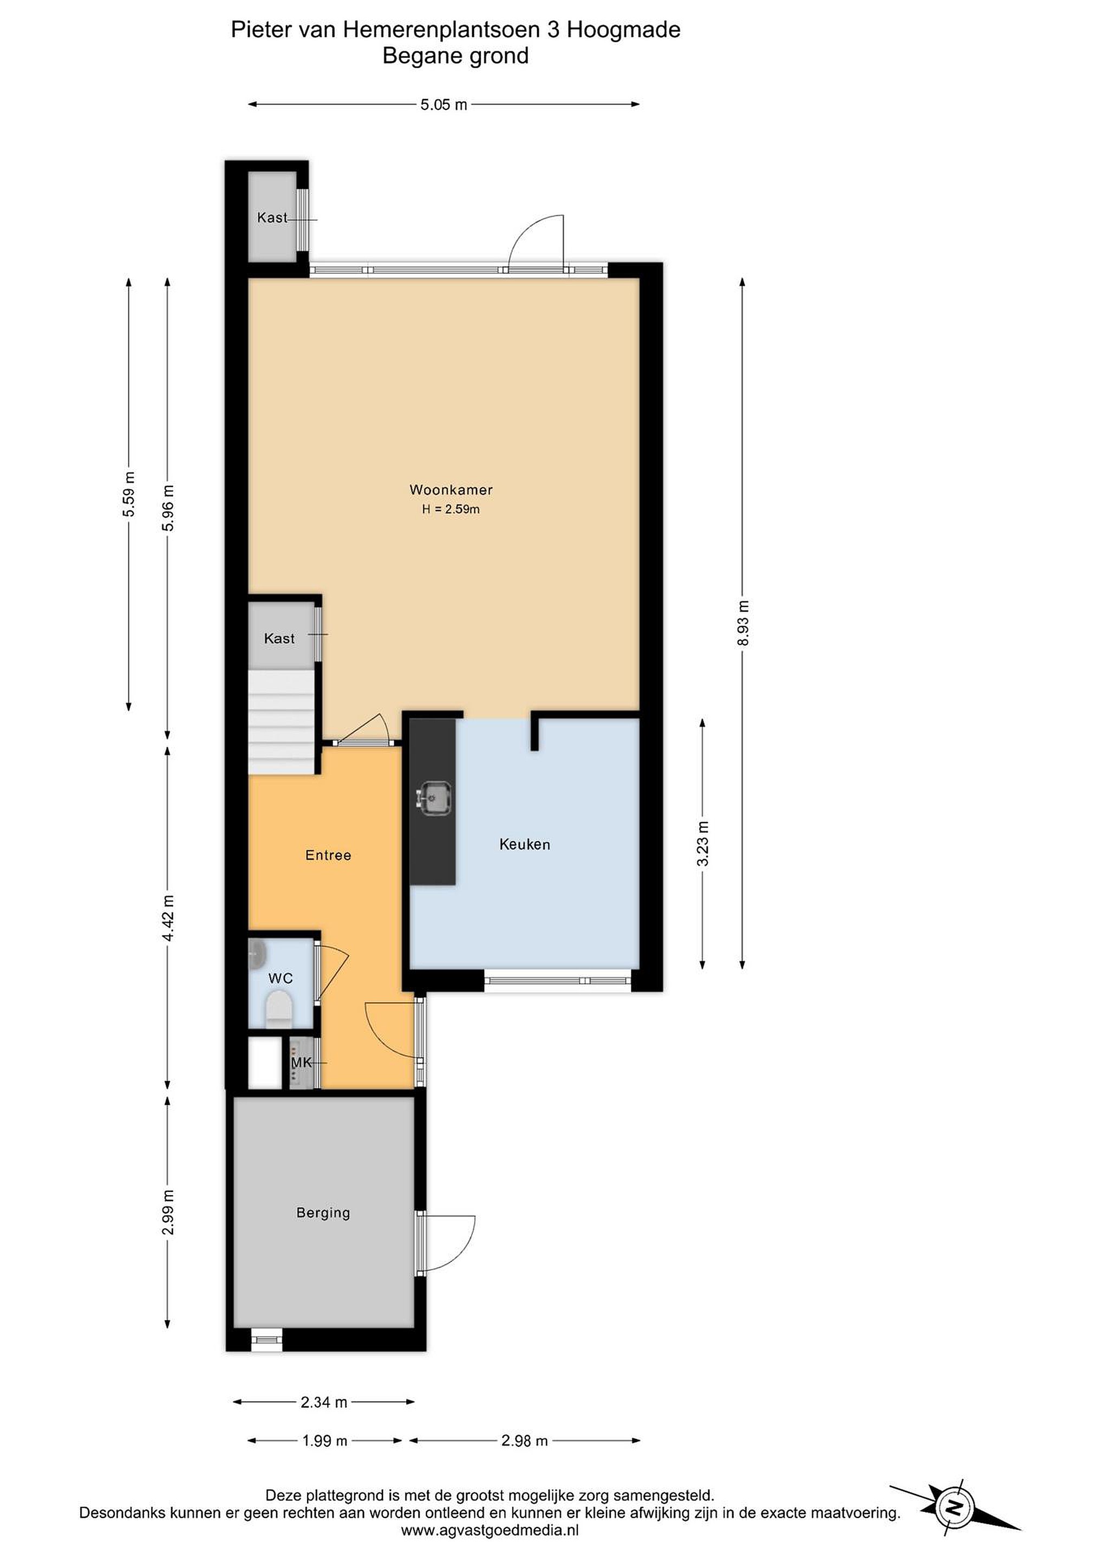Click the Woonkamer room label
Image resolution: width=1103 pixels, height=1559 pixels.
coord(451,489)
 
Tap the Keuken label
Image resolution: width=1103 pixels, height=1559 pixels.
coord(524,844)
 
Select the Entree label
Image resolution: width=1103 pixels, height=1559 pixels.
coord(328,855)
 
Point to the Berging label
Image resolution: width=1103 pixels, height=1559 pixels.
coord(323,1213)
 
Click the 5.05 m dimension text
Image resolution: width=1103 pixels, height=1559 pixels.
coord(444,104)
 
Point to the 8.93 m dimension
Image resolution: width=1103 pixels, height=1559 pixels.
coord(743,623)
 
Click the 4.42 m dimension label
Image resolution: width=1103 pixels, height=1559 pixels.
coord(168,918)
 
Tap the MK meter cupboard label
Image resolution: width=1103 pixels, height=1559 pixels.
coord(301,1062)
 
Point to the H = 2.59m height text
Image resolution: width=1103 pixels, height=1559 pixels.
coord(451,509)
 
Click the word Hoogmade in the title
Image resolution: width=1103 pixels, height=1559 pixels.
coord(623,30)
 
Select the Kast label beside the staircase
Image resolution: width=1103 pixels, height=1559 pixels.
coord(279,638)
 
